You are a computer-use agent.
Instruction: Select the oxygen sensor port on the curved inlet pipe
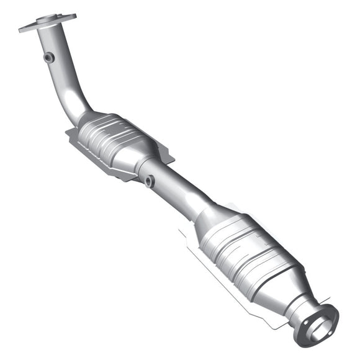click(x=48, y=57)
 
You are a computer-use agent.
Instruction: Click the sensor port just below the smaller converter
click(x=149, y=181)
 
